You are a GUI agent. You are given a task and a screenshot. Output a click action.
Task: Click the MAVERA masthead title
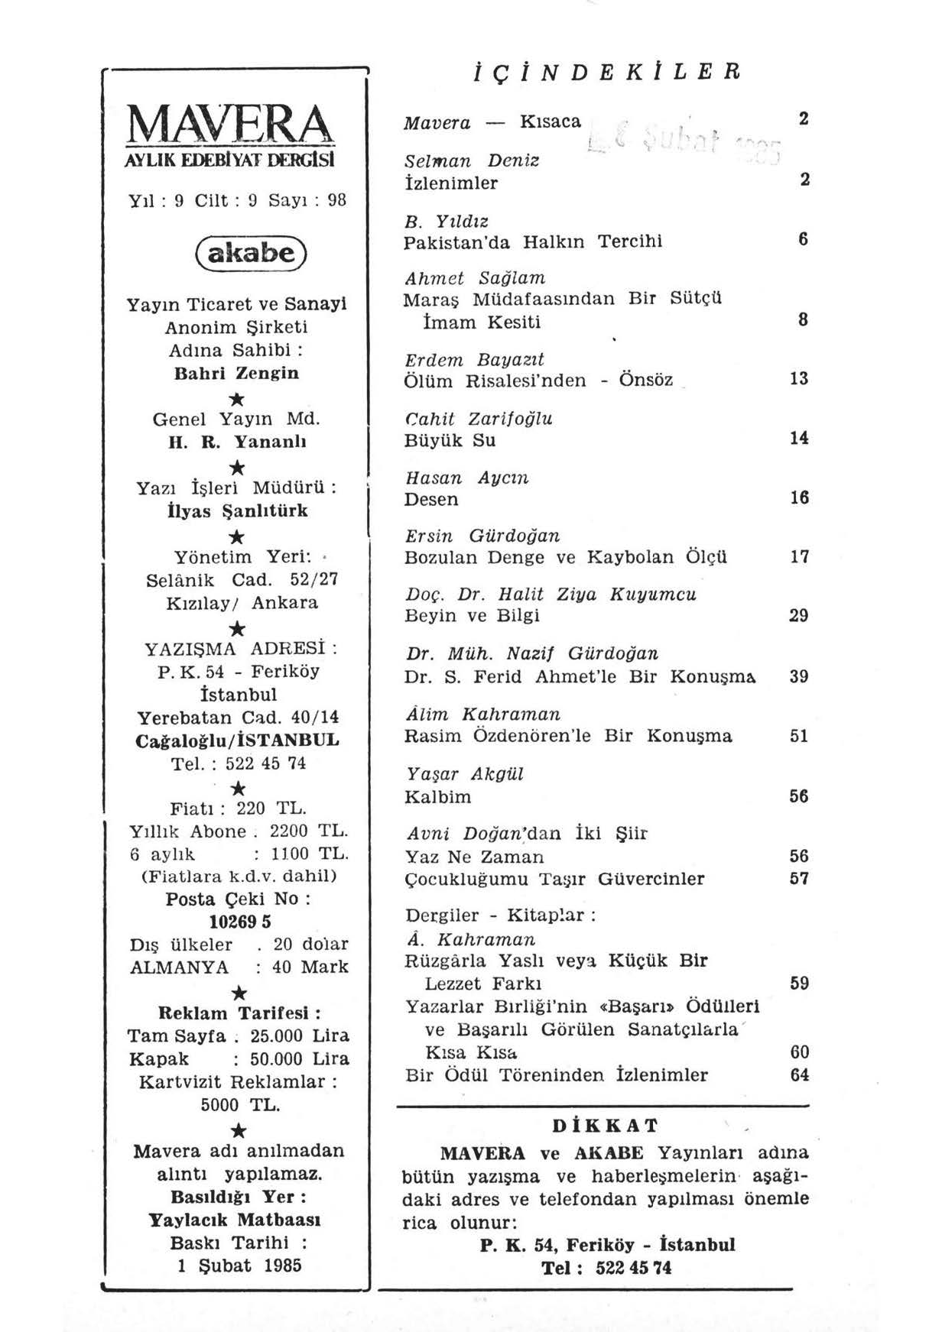(229, 124)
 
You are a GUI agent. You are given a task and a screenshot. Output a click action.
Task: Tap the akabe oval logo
(250, 251)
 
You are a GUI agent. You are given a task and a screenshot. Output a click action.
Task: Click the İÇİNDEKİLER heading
(606, 72)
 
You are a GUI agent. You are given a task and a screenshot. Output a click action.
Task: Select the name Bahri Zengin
(236, 374)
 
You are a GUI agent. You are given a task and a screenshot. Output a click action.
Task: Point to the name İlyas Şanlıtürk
(237, 510)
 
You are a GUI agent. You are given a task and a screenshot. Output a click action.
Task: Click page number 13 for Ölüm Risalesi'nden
(798, 379)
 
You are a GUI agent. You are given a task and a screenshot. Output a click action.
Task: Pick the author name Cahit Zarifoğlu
(478, 419)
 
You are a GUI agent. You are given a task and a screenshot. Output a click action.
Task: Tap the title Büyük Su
(450, 440)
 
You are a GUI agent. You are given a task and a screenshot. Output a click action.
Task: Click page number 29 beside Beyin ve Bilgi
(798, 615)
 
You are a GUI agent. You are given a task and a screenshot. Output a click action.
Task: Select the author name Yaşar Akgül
(465, 774)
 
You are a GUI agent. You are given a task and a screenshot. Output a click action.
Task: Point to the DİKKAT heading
(605, 1126)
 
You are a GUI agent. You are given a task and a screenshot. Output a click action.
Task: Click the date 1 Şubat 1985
(239, 1266)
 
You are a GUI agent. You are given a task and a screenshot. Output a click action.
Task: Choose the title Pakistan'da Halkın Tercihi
(533, 241)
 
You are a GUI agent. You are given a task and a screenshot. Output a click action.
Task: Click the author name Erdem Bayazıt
(474, 360)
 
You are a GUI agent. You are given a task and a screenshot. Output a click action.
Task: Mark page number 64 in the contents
(799, 1074)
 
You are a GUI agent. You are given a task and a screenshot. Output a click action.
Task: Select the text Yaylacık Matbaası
(235, 1220)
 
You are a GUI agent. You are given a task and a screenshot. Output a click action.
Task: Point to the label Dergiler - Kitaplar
(500, 916)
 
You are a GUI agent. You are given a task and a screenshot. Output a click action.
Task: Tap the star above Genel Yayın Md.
(238, 399)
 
